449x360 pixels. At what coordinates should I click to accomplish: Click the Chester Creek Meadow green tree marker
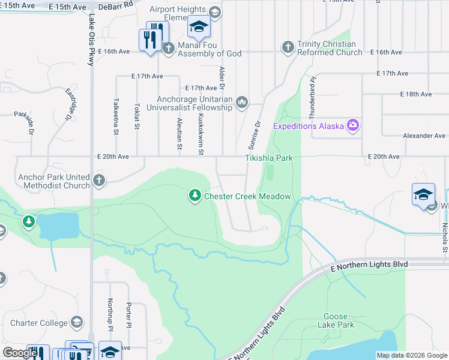coord(194,196)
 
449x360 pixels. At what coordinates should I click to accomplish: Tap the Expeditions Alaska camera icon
coord(352,125)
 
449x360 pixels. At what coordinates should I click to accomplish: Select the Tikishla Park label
coord(268,158)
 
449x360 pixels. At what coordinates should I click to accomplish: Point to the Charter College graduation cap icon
coord(76,322)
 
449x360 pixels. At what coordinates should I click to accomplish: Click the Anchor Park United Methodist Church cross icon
coord(99,179)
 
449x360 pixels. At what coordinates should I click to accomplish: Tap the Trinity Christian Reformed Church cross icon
coord(288,47)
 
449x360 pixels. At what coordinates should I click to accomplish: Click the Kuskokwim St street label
coord(201,134)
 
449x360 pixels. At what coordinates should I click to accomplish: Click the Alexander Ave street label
coord(424,136)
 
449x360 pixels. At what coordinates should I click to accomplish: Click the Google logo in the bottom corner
coord(19,353)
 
